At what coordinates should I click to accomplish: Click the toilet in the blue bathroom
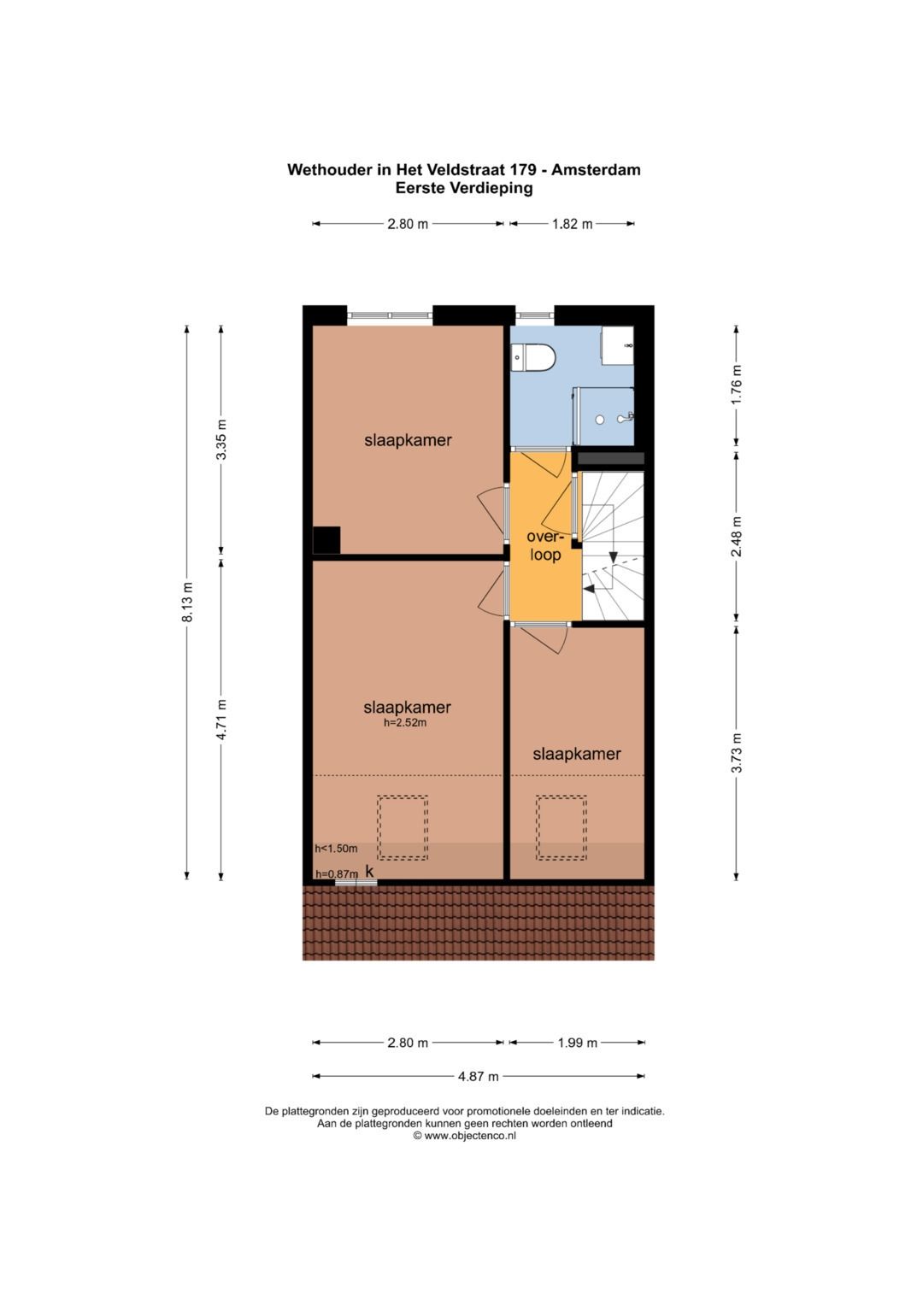532,357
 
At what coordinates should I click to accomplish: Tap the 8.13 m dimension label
187,602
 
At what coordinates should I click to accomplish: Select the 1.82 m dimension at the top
573,224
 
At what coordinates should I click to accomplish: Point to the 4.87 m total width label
478,1076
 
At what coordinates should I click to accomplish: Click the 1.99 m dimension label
577,1043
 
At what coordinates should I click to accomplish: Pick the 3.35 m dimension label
221,439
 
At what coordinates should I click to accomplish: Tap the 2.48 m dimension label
737,536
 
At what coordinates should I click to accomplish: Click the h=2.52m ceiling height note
405,723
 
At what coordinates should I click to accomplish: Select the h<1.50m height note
336,849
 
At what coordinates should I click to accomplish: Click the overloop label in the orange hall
545,545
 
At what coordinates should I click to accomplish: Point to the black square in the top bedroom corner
326,540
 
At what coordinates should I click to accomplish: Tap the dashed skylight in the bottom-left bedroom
402,828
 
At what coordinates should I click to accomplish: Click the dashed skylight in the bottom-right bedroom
561,828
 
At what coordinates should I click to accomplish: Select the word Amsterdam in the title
596,169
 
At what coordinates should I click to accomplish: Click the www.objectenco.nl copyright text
464,1136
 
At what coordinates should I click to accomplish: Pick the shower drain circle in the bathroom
600,420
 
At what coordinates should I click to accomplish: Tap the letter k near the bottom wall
369,871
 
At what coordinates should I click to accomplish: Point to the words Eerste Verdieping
464,188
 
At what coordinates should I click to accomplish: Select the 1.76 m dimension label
737,384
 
